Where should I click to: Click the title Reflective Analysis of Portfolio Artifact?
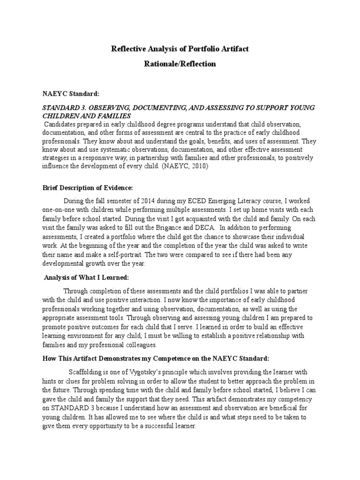coord(180,49)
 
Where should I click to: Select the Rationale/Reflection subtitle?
coord(180,64)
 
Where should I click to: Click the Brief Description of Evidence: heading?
coord(88,187)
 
